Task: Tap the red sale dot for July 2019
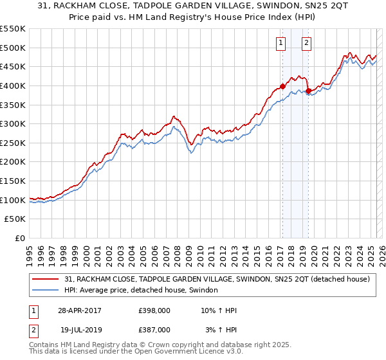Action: [x=308, y=91]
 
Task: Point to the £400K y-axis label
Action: [x=13, y=85]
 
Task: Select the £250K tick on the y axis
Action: [x=13, y=143]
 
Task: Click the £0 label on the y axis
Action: [x=21, y=238]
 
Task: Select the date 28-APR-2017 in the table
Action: [x=80, y=310]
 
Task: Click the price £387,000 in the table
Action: [x=154, y=330]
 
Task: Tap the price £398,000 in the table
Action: [x=154, y=310]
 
